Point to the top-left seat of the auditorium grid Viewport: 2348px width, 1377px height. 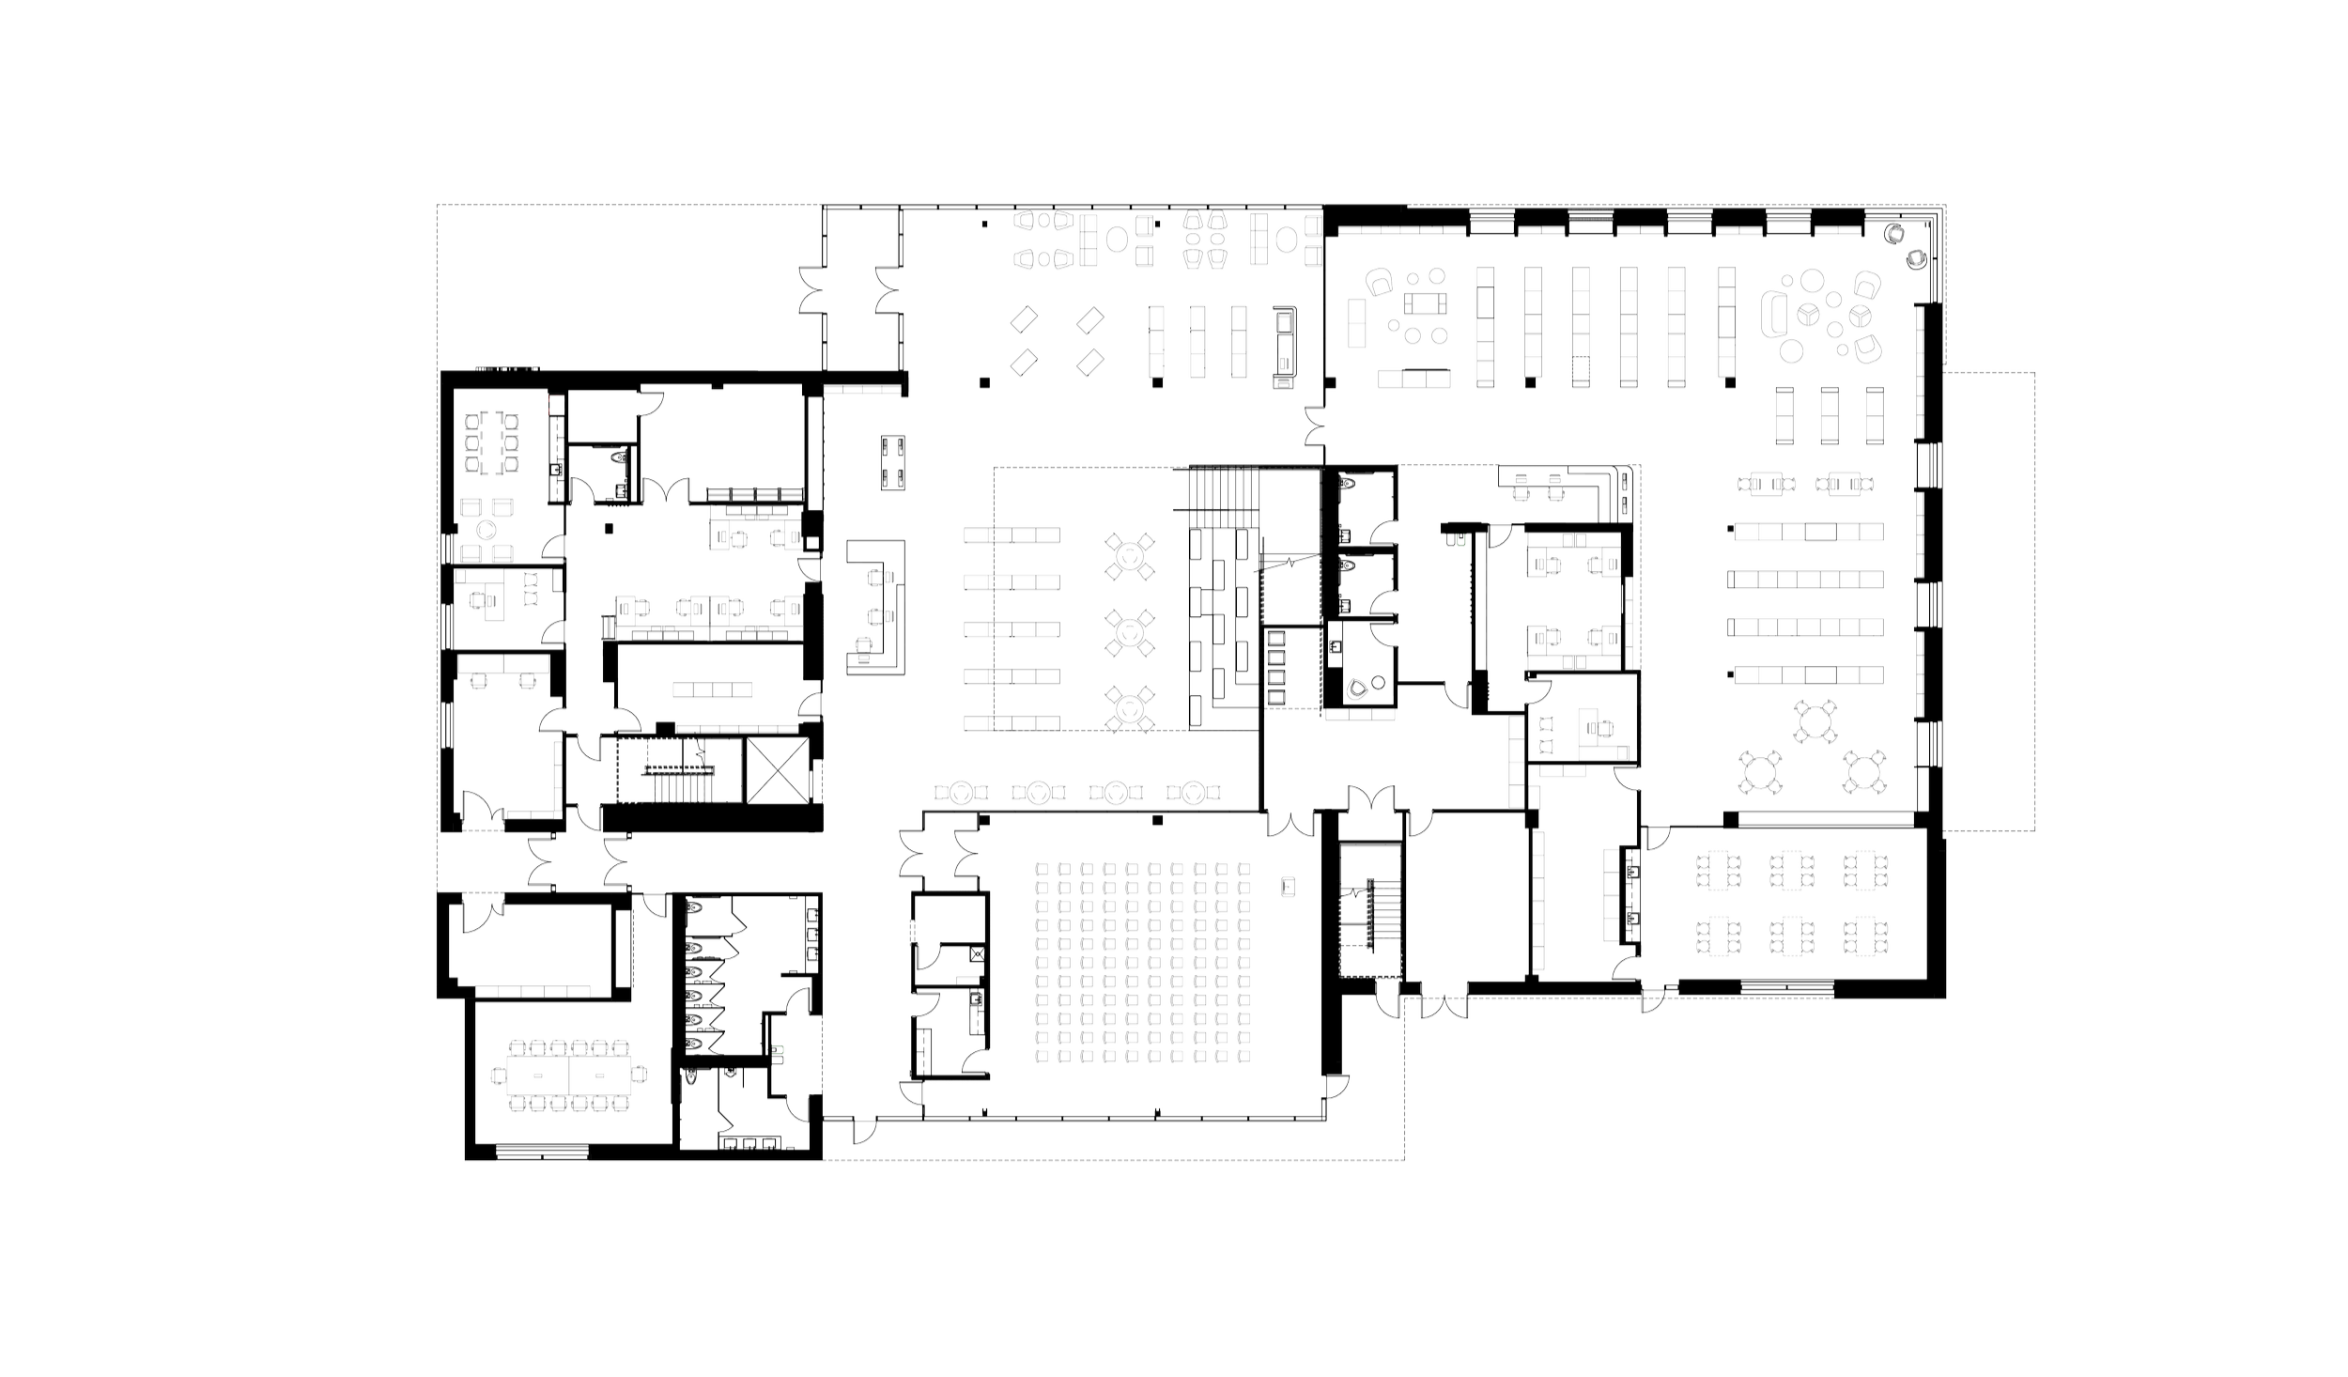coord(1041,870)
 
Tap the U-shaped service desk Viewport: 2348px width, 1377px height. coord(878,606)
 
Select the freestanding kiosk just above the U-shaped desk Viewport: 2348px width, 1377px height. coord(892,462)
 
